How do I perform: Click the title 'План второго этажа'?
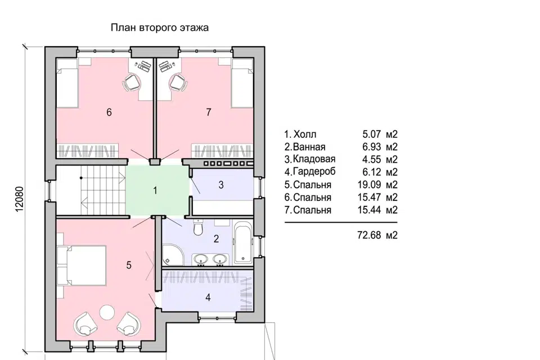point(159,28)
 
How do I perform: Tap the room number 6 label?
point(109,112)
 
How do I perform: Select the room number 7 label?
point(208,112)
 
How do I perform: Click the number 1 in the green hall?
point(155,191)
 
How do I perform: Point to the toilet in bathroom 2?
point(197,228)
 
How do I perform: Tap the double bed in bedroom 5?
point(84,265)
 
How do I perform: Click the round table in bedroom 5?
point(107,312)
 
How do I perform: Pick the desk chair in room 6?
point(132,83)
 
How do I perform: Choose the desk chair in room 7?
point(178,83)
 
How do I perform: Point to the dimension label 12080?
point(19,199)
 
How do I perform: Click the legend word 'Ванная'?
point(309,147)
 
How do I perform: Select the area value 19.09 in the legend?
point(369,185)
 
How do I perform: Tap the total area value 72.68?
point(369,235)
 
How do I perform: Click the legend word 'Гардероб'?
point(314,172)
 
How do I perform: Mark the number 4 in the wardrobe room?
point(208,298)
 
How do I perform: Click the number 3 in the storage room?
point(221,185)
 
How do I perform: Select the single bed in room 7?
point(242,83)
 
